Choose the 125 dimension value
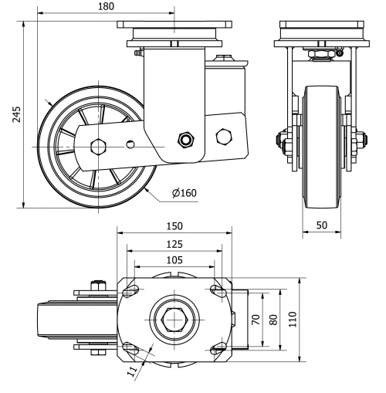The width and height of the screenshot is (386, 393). [174, 243]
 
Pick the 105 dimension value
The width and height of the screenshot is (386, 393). [174, 259]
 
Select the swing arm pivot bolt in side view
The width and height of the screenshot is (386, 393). [185, 139]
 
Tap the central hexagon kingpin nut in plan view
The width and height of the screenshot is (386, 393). [174, 319]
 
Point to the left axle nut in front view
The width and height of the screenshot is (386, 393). [280, 142]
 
